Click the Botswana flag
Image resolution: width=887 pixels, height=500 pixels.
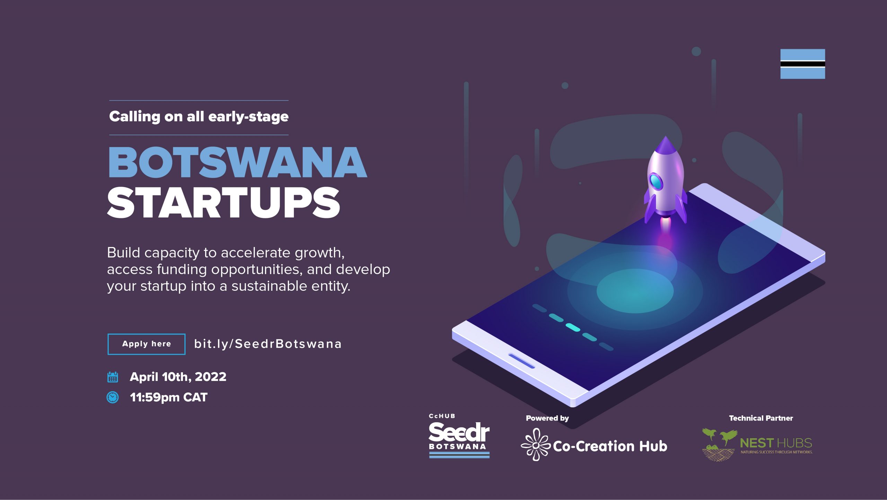[x=802, y=64]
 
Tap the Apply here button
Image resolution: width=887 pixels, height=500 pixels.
[x=147, y=344]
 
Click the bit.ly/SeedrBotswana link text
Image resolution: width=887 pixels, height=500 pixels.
[x=268, y=344]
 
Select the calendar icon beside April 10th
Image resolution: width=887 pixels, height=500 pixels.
[x=113, y=377]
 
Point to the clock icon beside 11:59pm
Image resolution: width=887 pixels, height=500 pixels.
[x=113, y=397]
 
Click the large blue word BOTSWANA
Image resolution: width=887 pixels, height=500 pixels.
[x=238, y=162]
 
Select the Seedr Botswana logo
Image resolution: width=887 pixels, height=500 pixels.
[x=459, y=436]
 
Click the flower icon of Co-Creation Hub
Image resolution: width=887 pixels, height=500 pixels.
[x=536, y=444]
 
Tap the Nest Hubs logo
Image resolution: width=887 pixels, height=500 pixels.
[x=757, y=444]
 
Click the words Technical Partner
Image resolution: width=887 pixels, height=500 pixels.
[x=761, y=418]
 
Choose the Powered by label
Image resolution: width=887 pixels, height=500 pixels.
[x=547, y=418]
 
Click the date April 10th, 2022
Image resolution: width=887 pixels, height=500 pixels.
[x=178, y=377]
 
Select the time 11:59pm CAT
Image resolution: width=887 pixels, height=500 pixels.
[x=169, y=397]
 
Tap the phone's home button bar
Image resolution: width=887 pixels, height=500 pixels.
[x=521, y=361]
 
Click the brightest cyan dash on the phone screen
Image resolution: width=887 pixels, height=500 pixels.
[x=573, y=327]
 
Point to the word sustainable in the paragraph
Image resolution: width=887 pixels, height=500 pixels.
[x=269, y=286]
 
